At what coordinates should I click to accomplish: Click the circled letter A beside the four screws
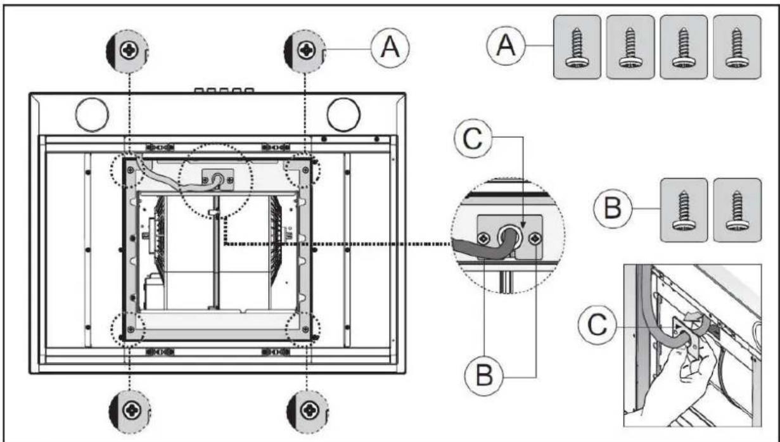(506, 46)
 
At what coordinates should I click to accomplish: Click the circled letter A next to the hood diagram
(390, 47)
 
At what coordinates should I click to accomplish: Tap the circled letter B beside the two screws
(613, 209)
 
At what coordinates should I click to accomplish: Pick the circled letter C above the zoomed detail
(473, 139)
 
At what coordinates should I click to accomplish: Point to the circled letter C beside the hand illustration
(598, 325)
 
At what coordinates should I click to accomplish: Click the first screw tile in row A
(577, 47)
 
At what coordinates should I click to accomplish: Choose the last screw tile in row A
(737, 47)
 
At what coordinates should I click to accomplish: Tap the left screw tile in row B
(684, 210)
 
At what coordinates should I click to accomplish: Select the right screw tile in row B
(737, 210)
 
